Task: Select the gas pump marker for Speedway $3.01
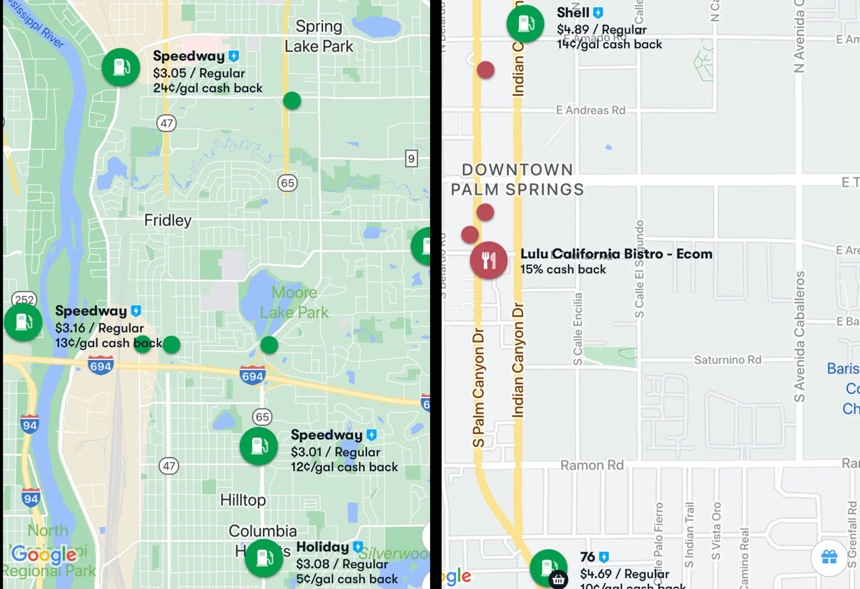[258, 446]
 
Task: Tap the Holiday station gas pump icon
[264, 557]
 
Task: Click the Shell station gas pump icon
[525, 24]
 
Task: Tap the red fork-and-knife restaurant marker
[488, 260]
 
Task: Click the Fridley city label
[168, 221]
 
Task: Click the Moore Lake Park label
[294, 302]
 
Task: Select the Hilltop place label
[243, 500]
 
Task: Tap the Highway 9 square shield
[411, 159]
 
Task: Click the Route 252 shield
[25, 299]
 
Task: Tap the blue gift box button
[829, 557]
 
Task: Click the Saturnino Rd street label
[728, 360]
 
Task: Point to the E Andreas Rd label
[591, 110]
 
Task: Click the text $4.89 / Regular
[602, 29]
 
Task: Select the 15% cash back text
[563, 269]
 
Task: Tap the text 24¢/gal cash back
[208, 88]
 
